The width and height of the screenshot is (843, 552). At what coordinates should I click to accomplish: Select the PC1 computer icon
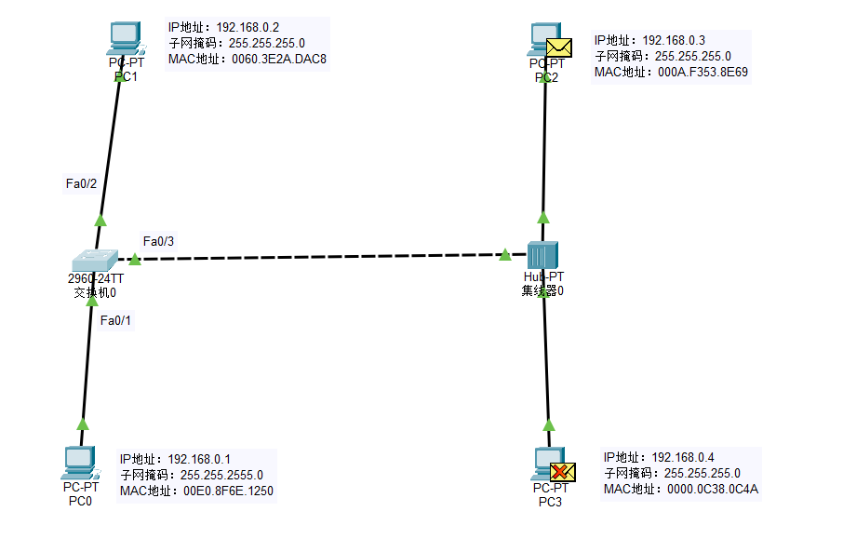(x=125, y=38)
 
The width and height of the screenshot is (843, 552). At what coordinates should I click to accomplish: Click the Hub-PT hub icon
(x=542, y=255)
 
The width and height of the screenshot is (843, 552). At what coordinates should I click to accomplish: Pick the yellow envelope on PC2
(x=558, y=47)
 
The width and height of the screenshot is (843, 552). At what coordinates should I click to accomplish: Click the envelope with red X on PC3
(x=562, y=472)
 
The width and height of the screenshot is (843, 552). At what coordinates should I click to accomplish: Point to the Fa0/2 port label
(x=81, y=184)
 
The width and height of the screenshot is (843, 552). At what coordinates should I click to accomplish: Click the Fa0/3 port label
(x=158, y=241)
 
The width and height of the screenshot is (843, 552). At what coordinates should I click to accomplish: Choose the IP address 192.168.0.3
(x=674, y=40)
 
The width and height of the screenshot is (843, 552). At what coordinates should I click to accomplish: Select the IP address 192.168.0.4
(x=683, y=457)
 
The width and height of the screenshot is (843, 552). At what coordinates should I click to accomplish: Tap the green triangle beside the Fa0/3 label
(x=134, y=258)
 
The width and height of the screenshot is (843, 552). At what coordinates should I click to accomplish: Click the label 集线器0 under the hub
(x=542, y=290)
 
